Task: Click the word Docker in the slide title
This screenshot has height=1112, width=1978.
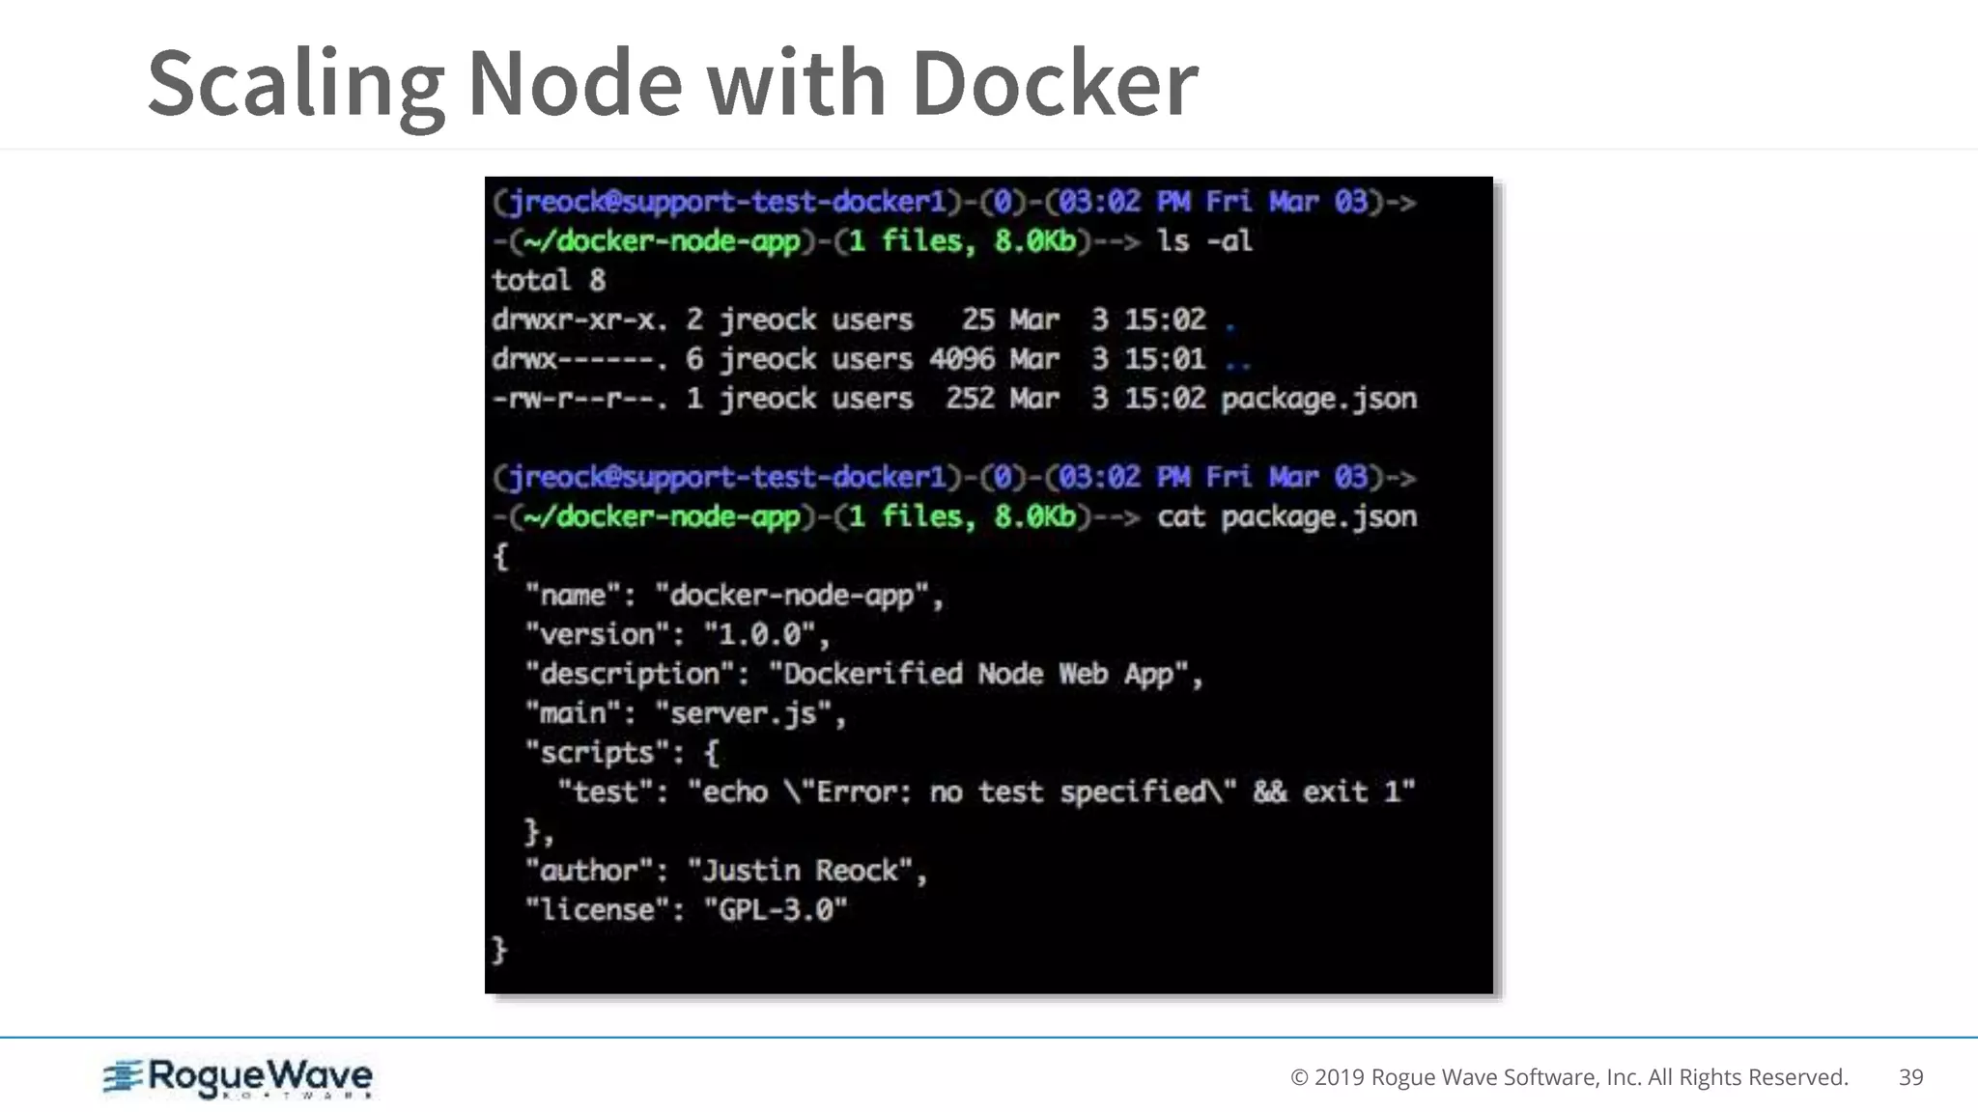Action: (x=1054, y=83)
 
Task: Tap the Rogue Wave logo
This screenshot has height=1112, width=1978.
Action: (x=238, y=1078)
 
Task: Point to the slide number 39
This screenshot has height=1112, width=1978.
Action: (x=1910, y=1077)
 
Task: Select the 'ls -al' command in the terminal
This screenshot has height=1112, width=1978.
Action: (x=1204, y=240)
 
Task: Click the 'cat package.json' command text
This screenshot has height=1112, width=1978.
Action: (x=1286, y=516)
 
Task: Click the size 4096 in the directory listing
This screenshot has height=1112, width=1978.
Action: (x=961, y=359)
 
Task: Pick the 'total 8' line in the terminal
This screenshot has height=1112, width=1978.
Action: (x=548, y=280)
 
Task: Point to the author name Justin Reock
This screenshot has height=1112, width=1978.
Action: (x=800, y=871)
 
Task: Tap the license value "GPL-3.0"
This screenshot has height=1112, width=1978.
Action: (x=776, y=910)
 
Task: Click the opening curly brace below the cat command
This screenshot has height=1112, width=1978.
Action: (x=500, y=556)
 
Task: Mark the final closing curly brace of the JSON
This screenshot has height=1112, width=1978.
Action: (x=499, y=950)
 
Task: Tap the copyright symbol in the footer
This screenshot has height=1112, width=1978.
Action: (x=1299, y=1077)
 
